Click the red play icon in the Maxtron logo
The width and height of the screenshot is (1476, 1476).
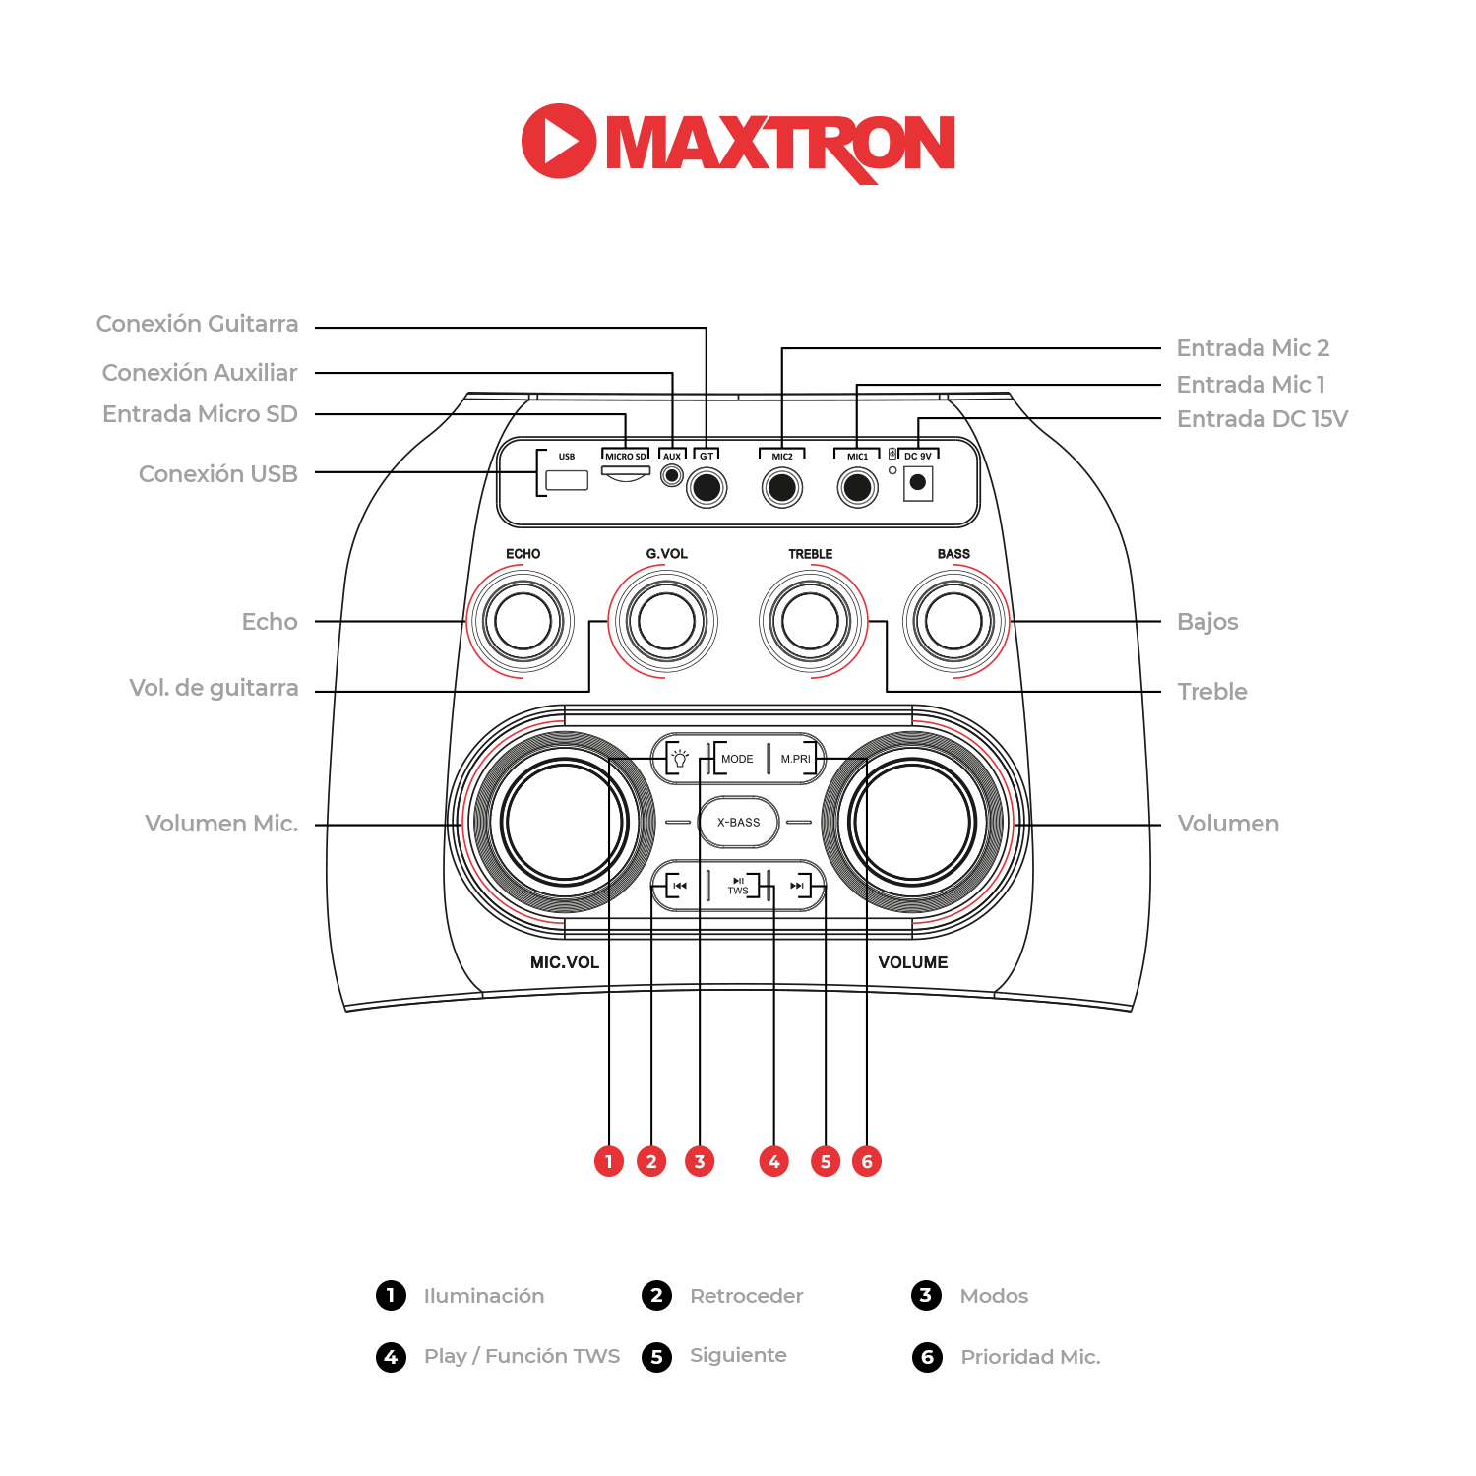tap(558, 141)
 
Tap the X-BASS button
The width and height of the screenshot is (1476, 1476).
tap(738, 822)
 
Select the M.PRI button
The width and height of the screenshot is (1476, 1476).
tap(795, 759)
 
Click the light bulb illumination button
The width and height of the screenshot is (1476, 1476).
tap(679, 759)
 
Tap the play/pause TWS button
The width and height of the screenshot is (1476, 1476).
tap(738, 886)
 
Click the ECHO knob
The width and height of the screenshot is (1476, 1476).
tap(523, 622)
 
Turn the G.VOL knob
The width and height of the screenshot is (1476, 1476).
tap(666, 622)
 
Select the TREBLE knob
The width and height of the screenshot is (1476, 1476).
tap(811, 622)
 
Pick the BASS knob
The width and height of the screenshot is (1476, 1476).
tap(953, 622)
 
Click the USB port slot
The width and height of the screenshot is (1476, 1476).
tap(567, 480)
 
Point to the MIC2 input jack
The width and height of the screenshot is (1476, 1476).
tap(782, 487)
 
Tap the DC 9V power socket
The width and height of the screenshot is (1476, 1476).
tap(918, 482)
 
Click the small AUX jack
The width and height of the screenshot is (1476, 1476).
tap(672, 476)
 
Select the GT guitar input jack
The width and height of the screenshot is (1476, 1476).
tap(707, 487)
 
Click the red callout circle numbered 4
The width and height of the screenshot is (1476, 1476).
tap(774, 1161)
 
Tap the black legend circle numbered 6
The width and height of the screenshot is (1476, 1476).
tap(927, 1357)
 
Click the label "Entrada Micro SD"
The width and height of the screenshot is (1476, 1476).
tap(200, 414)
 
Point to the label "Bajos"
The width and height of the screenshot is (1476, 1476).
tap(1207, 622)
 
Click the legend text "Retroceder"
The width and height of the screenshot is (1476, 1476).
tap(746, 1296)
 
